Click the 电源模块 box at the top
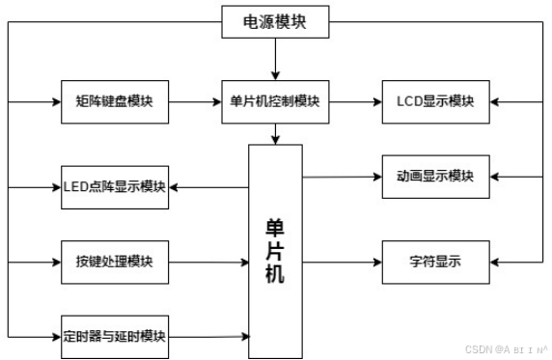click(276, 21)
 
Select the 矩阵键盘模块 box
click(114, 101)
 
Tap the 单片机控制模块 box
click(276, 101)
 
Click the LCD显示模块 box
click(434, 101)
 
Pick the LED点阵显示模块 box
click(114, 186)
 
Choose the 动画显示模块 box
click(434, 177)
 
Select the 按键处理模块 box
click(114, 262)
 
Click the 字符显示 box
click(434, 262)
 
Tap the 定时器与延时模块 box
click(114, 336)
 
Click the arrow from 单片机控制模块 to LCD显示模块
click(357, 101)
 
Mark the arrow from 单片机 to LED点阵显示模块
click(208, 186)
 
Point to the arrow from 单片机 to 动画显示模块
click(343, 177)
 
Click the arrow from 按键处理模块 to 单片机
click(208, 262)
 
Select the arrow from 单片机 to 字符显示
click(343, 262)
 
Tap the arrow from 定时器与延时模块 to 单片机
click(208, 336)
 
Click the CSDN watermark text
click(507, 350)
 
